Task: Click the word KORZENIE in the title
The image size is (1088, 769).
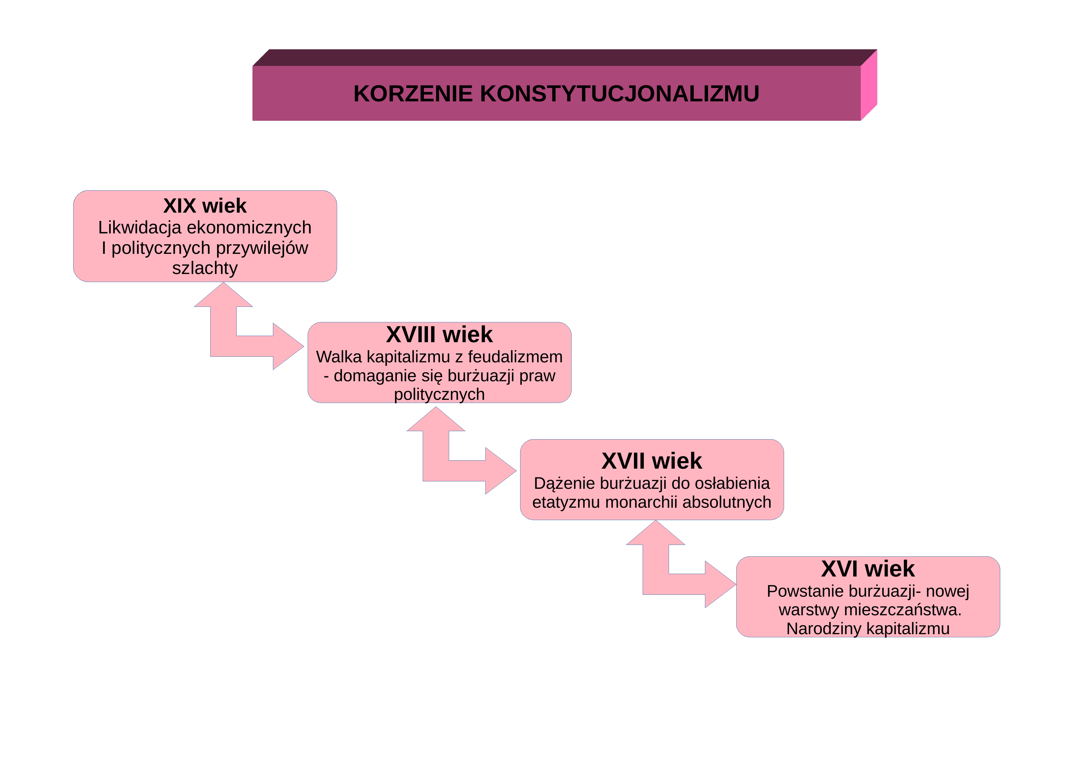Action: pyautogui.click(x=413, y=94)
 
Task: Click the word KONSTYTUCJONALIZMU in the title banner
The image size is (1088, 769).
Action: pyautogui.click(x=619, y=94)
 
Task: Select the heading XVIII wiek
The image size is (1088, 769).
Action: pyautogui.click(x=439, y=335)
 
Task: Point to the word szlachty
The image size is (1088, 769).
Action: pyautogui.click(x=205, y=268)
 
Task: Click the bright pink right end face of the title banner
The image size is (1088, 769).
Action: pyautogui.click(x=869, y=85)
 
